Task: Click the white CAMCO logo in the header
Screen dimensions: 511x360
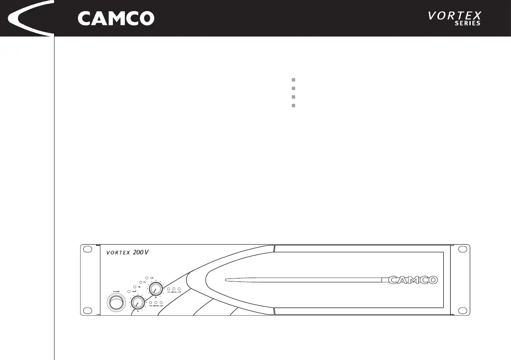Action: click(116, 18)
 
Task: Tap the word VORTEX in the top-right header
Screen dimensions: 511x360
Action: click(454, 16)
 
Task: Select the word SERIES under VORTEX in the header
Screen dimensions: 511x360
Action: click(467, 24)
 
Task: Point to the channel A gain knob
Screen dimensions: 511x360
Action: click(137, 303)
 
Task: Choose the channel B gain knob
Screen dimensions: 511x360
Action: click(155, 289)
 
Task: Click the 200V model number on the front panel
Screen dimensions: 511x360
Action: click(141, 252)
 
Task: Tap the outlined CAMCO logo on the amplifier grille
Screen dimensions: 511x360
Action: click(413, 280)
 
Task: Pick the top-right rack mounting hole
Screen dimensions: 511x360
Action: click(463, 249)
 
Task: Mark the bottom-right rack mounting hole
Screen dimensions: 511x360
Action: click(463, 310)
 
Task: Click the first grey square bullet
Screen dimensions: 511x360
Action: click(293, 80)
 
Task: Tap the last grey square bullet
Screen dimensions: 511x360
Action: click(293, 105)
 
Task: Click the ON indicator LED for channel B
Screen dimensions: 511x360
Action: click(169, 289)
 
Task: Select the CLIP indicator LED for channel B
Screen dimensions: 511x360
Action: click(179, 289)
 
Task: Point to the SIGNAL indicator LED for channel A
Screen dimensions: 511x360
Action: click(156, 303)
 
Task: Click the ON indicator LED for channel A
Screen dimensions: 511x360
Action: click(151, 303)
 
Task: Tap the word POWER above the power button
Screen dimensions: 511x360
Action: click(115, 291)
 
